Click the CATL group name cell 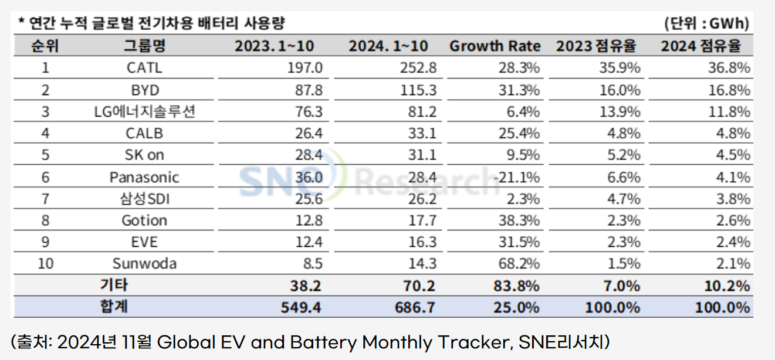click(144, 68)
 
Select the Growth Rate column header click(495, 46)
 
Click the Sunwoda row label click(144, 263)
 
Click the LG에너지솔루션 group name click(144, 112)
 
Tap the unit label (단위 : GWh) click(708, 23)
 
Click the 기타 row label click(114, 286)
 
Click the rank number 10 click(45, 263)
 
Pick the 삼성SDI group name click(144, 199)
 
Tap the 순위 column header click(45, 46)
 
